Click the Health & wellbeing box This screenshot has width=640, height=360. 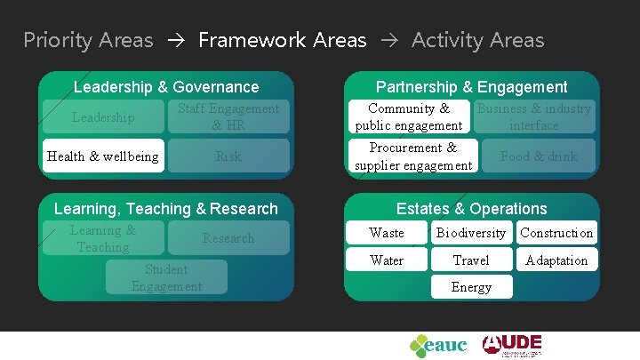(103, 156)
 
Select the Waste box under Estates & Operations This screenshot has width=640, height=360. (387, 233)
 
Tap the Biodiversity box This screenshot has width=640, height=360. (470, 233)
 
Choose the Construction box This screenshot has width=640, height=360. (556, 233)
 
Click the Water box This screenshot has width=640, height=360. (387, 260)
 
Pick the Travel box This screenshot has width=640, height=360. (470, 260)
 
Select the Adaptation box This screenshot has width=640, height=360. (556, 260)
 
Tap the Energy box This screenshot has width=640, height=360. (470, 287)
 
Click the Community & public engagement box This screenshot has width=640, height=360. (409, 116)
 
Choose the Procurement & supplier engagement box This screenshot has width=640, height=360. (412, 156)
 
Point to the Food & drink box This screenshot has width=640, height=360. (539, 156)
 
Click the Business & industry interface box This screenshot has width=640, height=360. (534, 116)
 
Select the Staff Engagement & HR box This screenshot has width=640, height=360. (228, 116)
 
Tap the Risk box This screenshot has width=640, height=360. (228, 156)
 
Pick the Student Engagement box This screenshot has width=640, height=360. (166, 277)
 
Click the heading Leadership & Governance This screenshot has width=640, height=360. (166, 87)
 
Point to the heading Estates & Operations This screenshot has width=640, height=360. (471, 209)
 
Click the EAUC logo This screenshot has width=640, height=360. (438, 345)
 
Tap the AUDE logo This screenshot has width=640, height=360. (512, 344)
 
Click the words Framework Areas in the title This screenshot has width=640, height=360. (282, 40)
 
